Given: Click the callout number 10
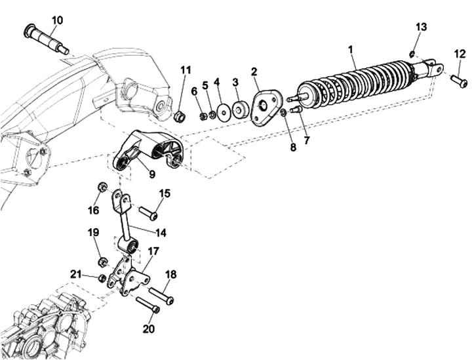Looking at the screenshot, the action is point(58,20).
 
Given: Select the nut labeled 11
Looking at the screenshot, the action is point(180,115).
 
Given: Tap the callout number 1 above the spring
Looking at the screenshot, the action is point(350,50).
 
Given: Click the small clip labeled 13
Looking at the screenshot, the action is point(413,54).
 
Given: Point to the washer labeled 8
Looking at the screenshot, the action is point(283,113).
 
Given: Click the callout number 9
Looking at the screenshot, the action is point(151,174).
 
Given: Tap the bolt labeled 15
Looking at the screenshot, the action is point(148,212).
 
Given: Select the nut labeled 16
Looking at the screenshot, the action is point(102,188).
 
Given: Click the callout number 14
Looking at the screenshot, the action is point(161,232).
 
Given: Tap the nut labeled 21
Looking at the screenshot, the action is point(102,278).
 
